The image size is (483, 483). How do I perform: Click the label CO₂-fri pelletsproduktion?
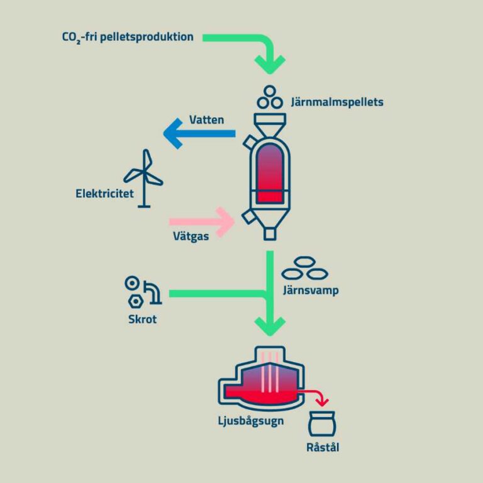[128, 37]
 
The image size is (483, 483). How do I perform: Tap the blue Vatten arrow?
[199, 133]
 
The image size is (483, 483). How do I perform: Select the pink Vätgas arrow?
[202, 222]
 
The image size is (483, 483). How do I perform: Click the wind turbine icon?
[143, 178]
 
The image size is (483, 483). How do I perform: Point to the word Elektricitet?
[105, 194]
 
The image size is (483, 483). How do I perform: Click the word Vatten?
[206, 120]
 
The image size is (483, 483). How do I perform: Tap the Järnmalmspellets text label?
[337, 102]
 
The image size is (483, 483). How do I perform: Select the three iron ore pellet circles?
[270, 97]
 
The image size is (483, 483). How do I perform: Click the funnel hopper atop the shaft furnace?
[270, 125]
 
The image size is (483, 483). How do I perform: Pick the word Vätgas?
[191, 236]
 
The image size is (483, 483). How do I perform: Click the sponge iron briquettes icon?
[304, 268]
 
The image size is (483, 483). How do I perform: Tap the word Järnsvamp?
[311, 290]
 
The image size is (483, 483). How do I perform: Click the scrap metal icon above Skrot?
[143, 292]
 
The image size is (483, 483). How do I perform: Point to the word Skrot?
[142, 319]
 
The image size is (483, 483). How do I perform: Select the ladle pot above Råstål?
[322, 424]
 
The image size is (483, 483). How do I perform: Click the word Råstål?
[323, 447]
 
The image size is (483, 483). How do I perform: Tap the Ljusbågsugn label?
[251, 421]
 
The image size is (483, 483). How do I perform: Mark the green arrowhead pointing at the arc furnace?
[270, 326]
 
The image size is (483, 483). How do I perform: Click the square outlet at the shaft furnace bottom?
[270, 234]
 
